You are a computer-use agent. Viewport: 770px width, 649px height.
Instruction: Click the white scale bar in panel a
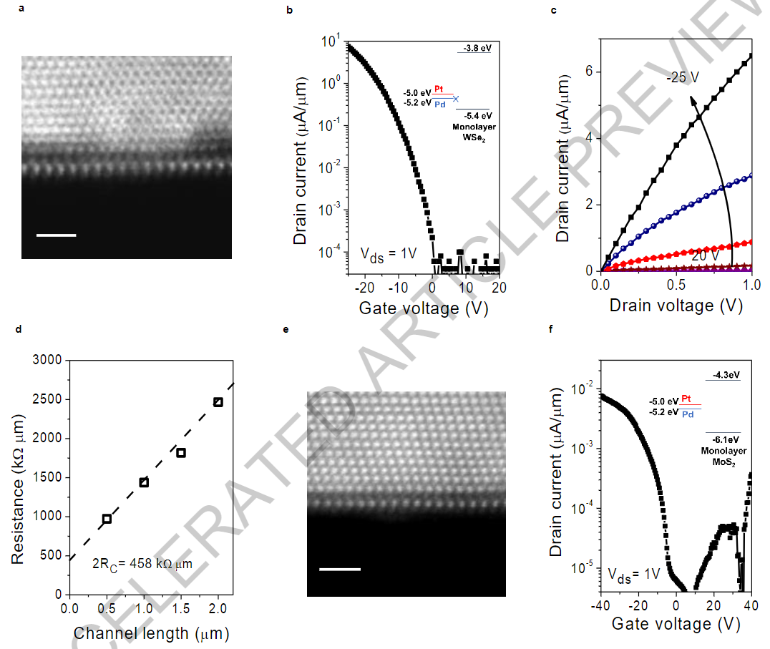(x=56, y=234)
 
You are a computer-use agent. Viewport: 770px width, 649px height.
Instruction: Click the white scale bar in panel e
(x=339, y=570)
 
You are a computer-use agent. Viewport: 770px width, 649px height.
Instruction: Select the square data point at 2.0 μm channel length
(x=218, y=402)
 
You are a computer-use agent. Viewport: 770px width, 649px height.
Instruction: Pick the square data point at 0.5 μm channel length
(x=107, y=519)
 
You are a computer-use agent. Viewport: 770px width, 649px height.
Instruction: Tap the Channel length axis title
(x=151, y=633)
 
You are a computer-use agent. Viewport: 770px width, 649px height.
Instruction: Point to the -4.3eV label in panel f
(x=723, y=374)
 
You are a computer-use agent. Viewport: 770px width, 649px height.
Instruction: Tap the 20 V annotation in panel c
(x=705, y=255)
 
